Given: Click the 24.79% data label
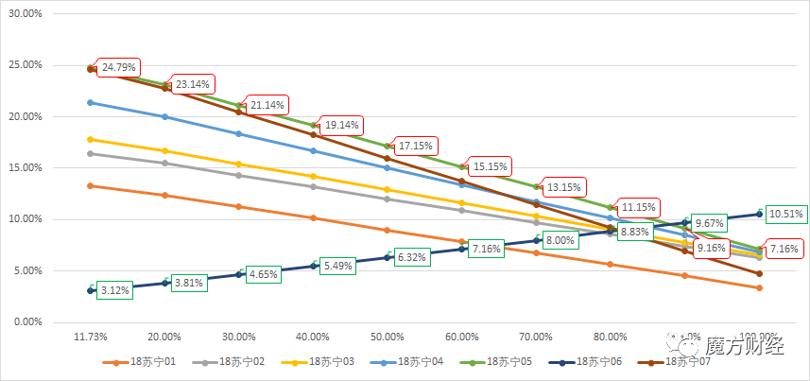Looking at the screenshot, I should click(119, 67).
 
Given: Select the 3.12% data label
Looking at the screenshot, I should click(113, 290).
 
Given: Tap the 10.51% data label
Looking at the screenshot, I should click(784, 214).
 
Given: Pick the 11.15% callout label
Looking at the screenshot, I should click(643, 206).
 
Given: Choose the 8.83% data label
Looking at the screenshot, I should click(637, 232).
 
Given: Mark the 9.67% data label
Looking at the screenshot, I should click(709, 223).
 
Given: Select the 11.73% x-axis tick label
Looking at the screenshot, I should click(91, 337).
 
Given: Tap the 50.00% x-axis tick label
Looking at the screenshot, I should click(388, 337).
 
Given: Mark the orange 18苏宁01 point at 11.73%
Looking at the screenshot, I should click(91, 185).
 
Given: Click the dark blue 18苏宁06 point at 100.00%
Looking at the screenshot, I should click(759, 214).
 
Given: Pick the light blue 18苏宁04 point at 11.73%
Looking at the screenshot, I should click(91, 102).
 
